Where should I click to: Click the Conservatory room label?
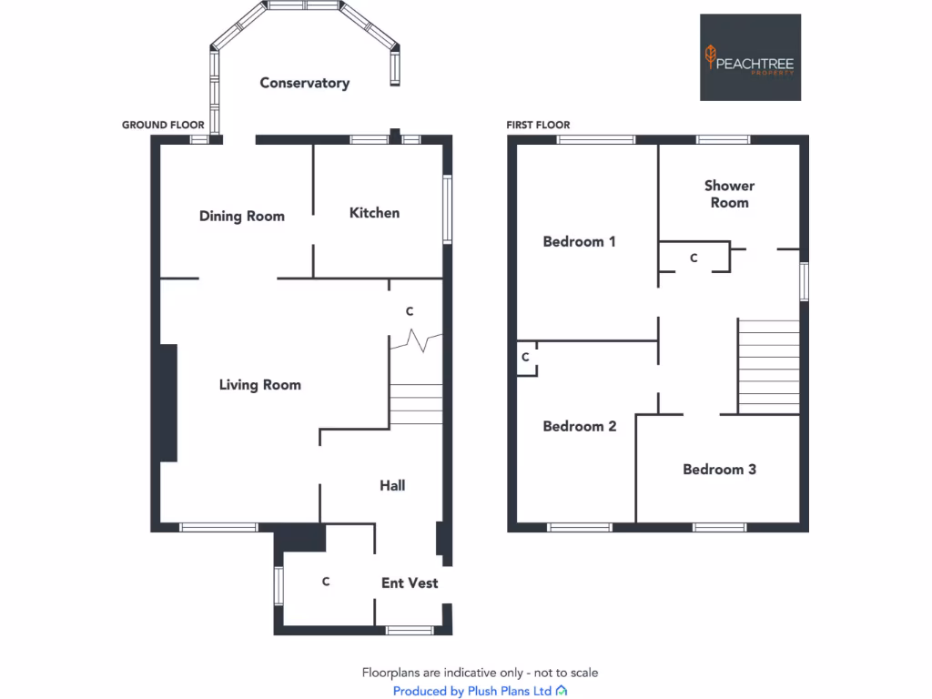tap(304, 83)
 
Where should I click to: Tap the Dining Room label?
tap(241, 217)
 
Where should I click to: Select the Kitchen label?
tap(374, 213)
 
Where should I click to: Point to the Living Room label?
tap(259, 385)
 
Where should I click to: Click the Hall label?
tap(392, 486)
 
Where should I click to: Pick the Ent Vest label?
tap(410, 583)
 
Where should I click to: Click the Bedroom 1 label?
tap(579, 242)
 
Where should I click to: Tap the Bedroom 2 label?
tap(579, 427)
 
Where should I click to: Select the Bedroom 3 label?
tap(719, 470)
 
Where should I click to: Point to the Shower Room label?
tap(729, 194)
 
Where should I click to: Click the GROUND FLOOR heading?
tap(157, 125)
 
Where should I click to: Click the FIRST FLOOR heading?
tap(539, 125)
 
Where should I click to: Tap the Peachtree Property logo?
tap(750, 57)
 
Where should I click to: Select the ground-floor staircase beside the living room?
tap(416, 404)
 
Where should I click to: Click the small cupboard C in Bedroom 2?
tap(526, 358)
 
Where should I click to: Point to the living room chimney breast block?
tap(168, 402)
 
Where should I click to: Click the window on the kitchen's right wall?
tap(447, 208)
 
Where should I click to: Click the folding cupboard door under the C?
tap(416, 342)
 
